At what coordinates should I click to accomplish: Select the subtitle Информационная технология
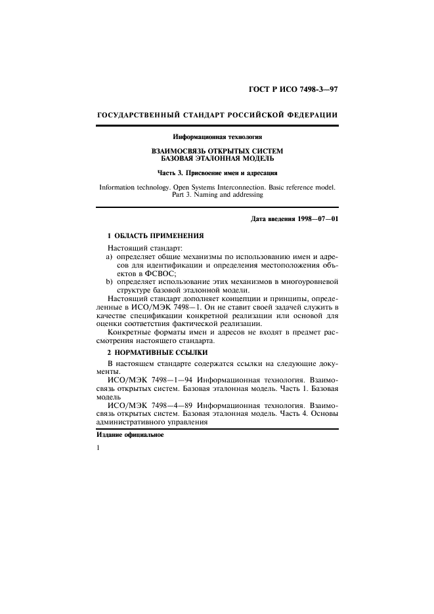[217, 137]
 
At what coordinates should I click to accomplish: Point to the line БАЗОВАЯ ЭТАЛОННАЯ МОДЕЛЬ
[217, 159]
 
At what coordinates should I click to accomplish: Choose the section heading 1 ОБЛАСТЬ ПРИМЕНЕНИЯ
[156, 234]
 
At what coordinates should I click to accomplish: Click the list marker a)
[110, 258]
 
